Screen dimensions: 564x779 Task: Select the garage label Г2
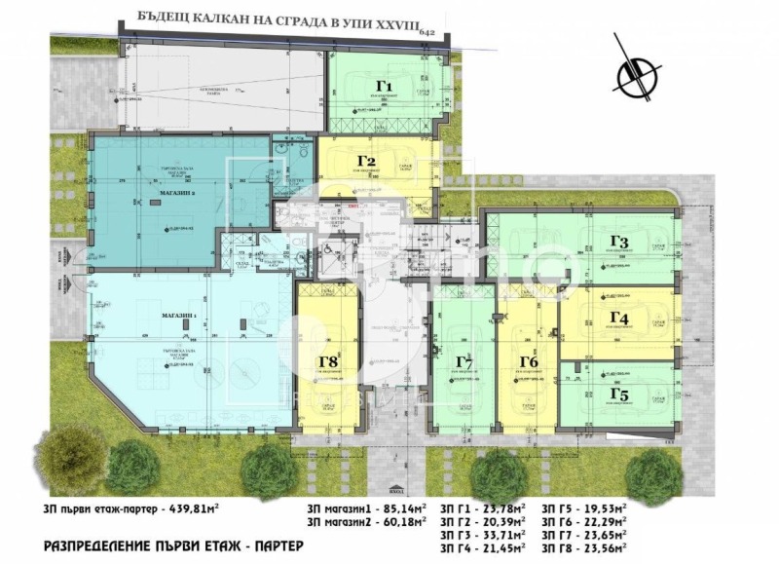click(366, 162)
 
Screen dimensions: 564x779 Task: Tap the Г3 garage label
click(619, 242)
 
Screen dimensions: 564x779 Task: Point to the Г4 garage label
click(619, 318)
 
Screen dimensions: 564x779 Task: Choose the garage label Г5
click(619, 394)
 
